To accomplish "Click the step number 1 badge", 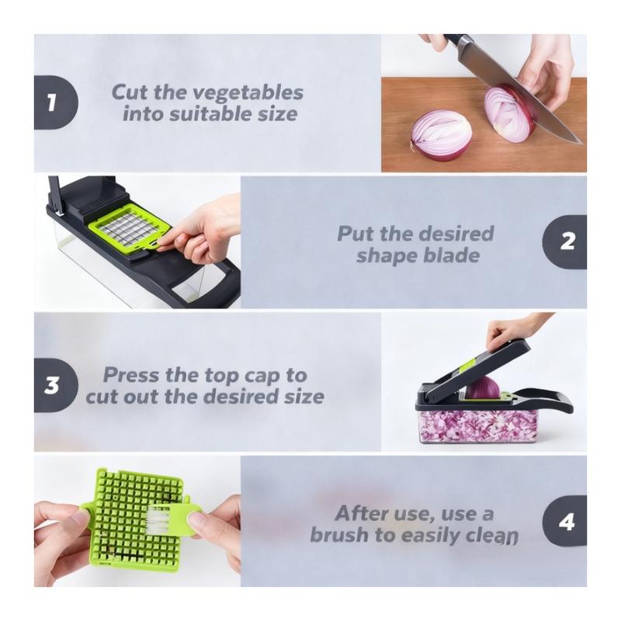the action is [55, 102].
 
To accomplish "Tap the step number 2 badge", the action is [565, 242].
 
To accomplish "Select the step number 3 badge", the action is [55, 385].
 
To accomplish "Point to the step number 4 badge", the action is [565, 521].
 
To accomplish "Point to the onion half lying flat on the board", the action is [441, 135].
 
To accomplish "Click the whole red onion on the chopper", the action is [482, 388].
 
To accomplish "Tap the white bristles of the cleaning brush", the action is [158, 520].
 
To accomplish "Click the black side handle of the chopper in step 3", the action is [550, 400].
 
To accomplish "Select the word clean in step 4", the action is [492, 535].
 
